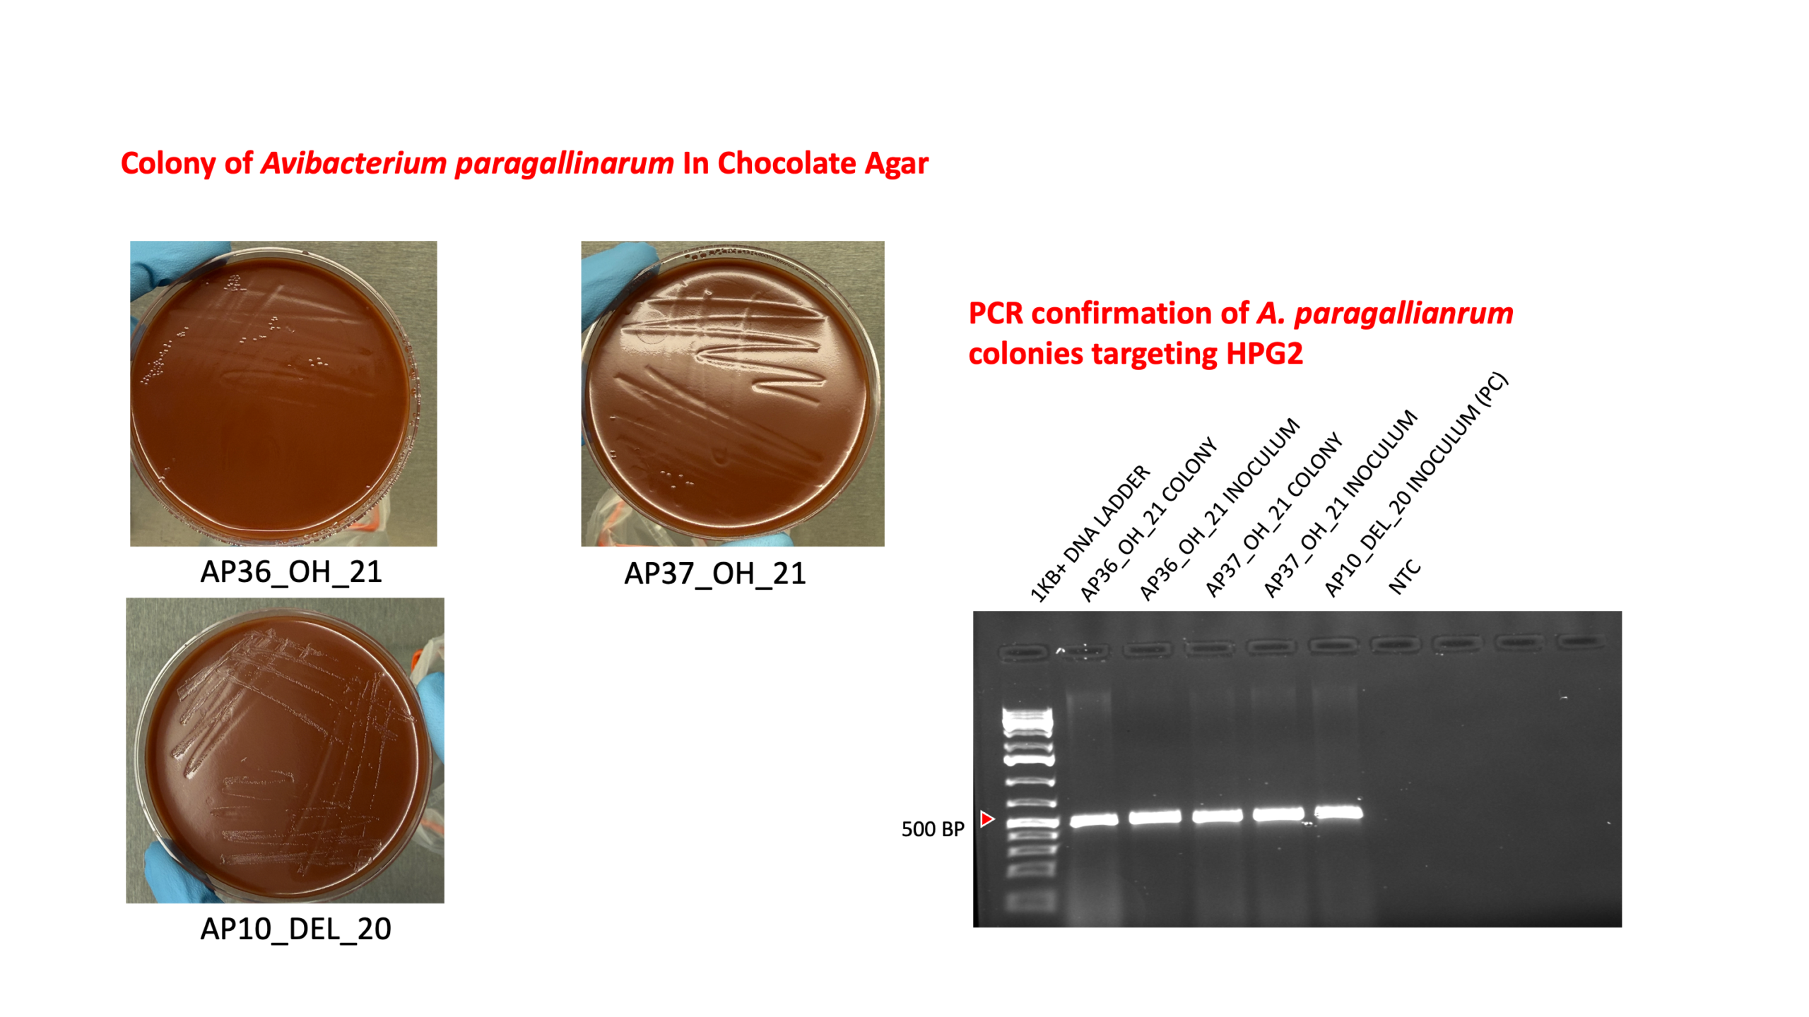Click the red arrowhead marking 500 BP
pos(987,819)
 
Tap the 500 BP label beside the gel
pos(932,829)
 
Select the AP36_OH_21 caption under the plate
pos(291,572)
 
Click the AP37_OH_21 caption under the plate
pos(714,573)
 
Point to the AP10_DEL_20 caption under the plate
pos(295,929)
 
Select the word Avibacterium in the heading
pos(354,163)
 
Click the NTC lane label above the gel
pos(1404,577)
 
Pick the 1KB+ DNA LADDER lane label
pos(1089,534)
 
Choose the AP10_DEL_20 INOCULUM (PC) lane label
pos(1415,484)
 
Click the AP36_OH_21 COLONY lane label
pos(1148,519)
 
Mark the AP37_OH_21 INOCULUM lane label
pos(1339,504)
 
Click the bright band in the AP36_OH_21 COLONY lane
pos(1094,821)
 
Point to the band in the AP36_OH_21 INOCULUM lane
pos(1155,818)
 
